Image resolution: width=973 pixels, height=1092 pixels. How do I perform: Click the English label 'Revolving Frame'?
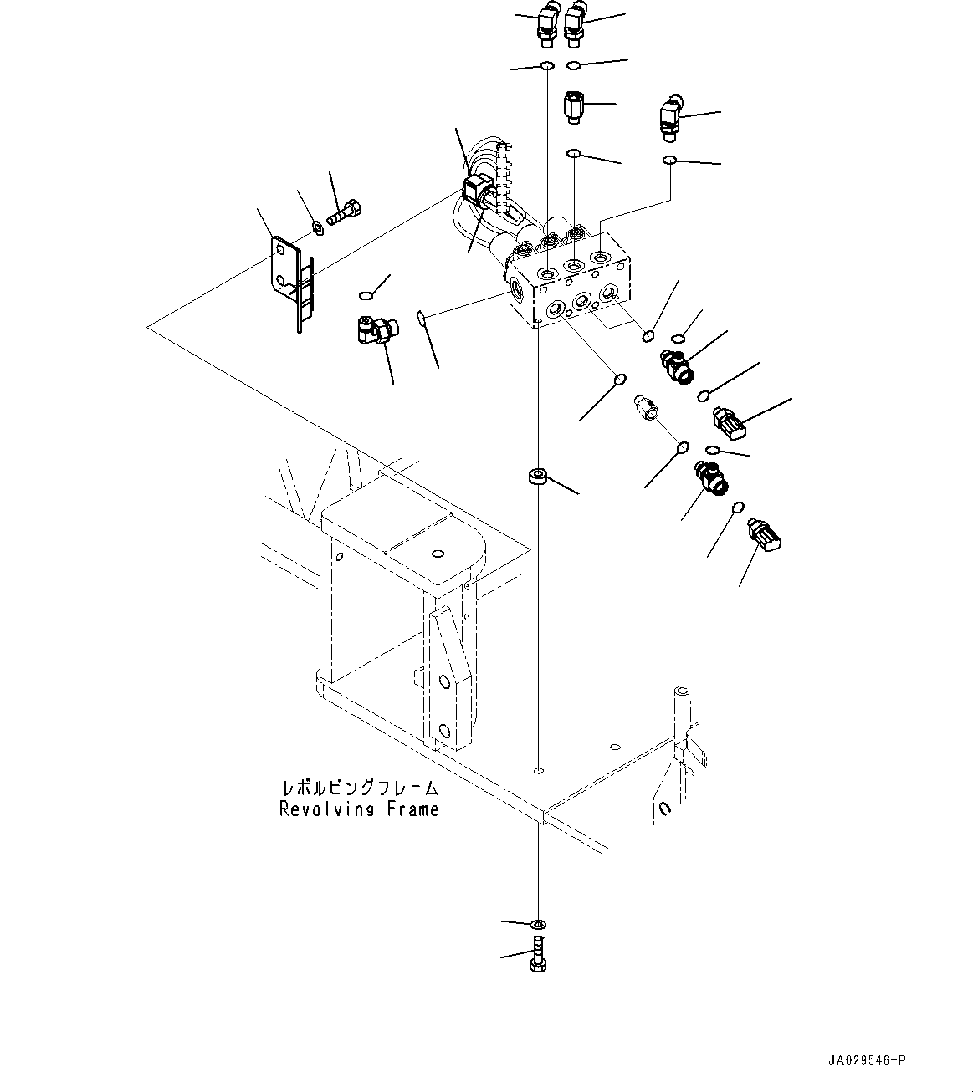[359, 809]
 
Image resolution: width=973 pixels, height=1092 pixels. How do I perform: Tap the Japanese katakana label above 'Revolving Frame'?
[359, 788]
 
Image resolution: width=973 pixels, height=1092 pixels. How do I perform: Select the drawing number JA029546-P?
[867, 1061]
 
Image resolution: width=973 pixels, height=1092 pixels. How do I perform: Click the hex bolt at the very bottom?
[537, 954]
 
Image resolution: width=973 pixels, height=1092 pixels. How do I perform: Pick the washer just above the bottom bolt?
[537, 924]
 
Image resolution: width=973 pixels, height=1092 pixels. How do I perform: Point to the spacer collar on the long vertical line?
[536, 478]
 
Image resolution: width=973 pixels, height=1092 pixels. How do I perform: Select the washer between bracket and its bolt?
[318, 226]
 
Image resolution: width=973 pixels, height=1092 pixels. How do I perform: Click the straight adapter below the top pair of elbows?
[572, 107]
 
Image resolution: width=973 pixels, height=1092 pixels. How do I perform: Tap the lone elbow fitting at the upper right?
[671, 116]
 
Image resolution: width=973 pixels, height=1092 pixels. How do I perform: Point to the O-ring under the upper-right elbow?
[670, 159]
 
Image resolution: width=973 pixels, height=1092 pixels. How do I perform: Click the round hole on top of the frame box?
[438, 553]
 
